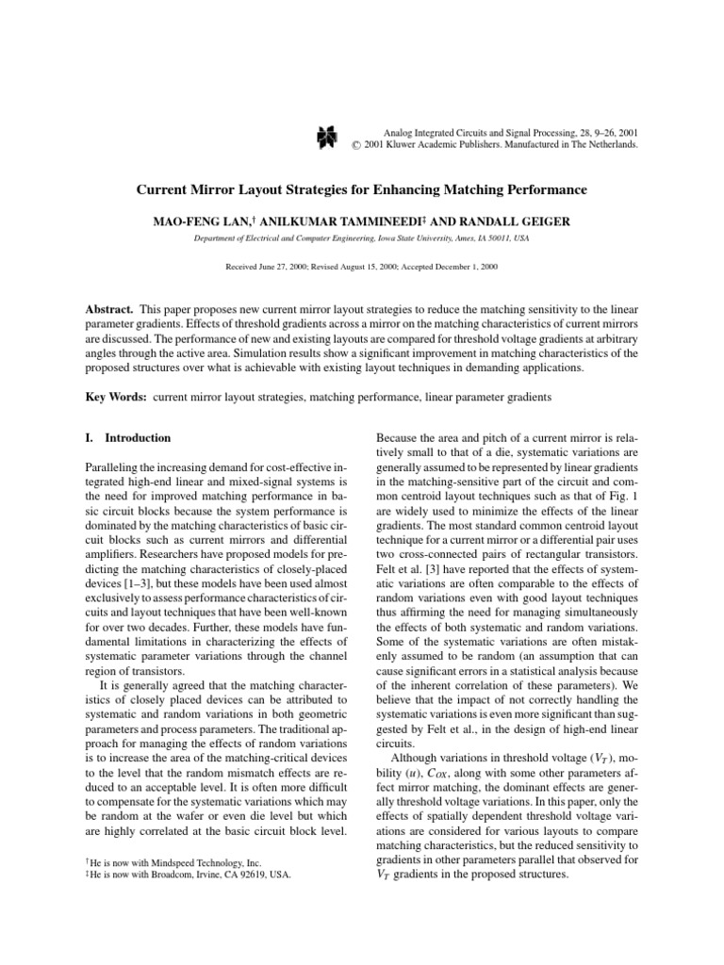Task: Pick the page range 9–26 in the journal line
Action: [x=598, y=133]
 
